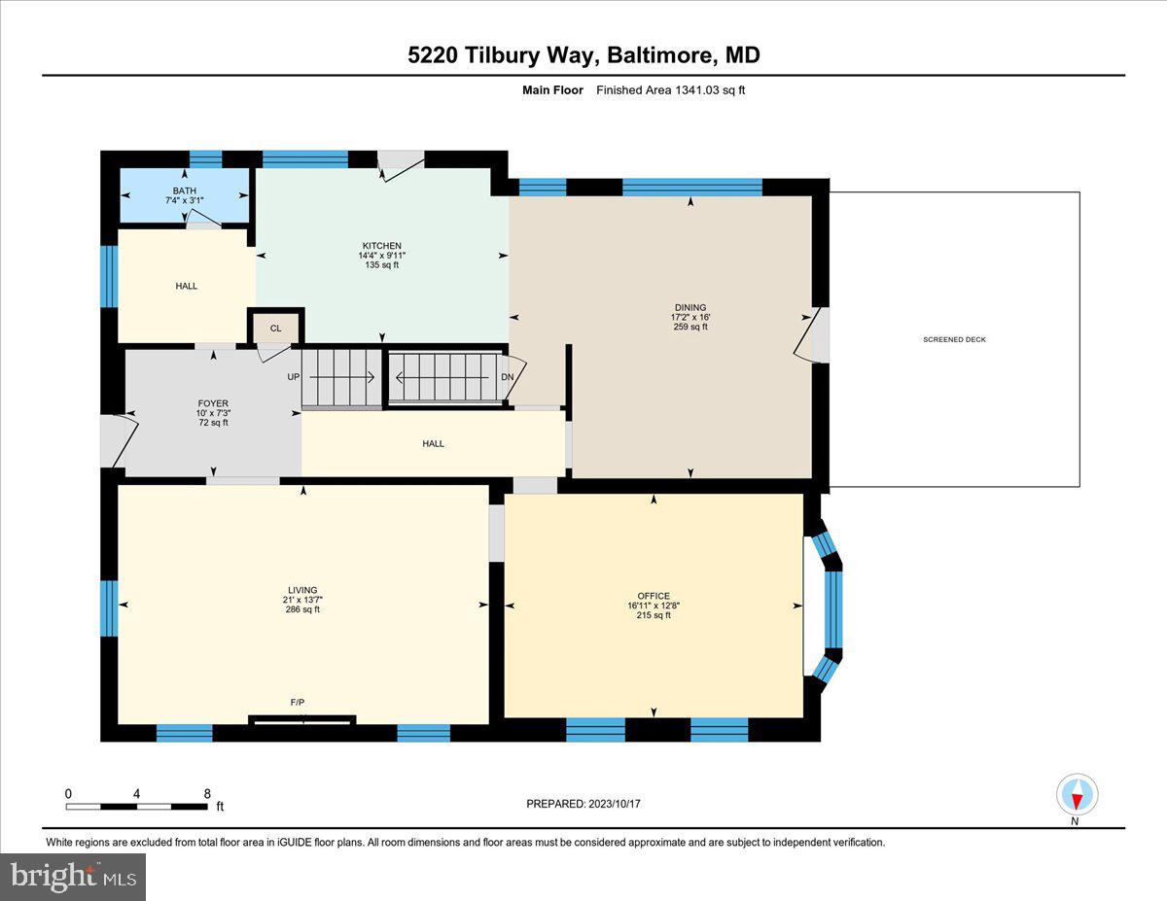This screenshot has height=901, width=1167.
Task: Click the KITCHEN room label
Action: [x=380, y=246]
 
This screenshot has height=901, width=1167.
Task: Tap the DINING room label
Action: [x=690, y=308]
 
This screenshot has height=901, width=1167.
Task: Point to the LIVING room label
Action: [x=302, y=590]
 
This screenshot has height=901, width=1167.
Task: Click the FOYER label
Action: [x=213, y=403]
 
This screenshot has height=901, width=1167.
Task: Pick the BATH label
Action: [x=184, y=191]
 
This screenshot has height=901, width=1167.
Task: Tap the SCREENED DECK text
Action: [x=954, y=339]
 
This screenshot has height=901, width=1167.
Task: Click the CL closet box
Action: [x=276, y=328]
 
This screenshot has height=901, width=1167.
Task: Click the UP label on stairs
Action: [x=292, y=376]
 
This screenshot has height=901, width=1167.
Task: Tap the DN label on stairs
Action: [x=507, y=376]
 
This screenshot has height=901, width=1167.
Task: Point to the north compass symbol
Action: [x=1077, y=795]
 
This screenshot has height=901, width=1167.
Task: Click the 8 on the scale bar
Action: [x=207, y=793]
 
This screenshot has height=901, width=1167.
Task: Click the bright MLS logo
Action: [x=74, y=877]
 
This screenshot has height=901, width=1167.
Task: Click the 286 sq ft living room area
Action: [x=302, y=609]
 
